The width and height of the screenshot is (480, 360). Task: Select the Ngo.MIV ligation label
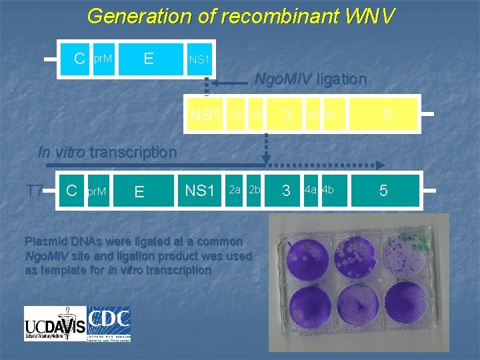pos(311,79)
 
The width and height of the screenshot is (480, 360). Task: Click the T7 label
pos(35,191)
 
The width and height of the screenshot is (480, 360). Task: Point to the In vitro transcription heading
pos(107,152)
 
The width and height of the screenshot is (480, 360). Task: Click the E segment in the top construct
pos(149,59)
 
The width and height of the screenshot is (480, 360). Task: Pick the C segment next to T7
pos(73,191)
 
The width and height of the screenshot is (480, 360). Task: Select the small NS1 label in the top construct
pos(199,60)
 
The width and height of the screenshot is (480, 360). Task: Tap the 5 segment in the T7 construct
pos(383,191)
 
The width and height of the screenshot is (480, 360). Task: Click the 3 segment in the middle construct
pos(287,116)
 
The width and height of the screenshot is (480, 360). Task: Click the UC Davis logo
pos(55,323)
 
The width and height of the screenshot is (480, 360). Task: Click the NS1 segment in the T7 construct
pos(199,191)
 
